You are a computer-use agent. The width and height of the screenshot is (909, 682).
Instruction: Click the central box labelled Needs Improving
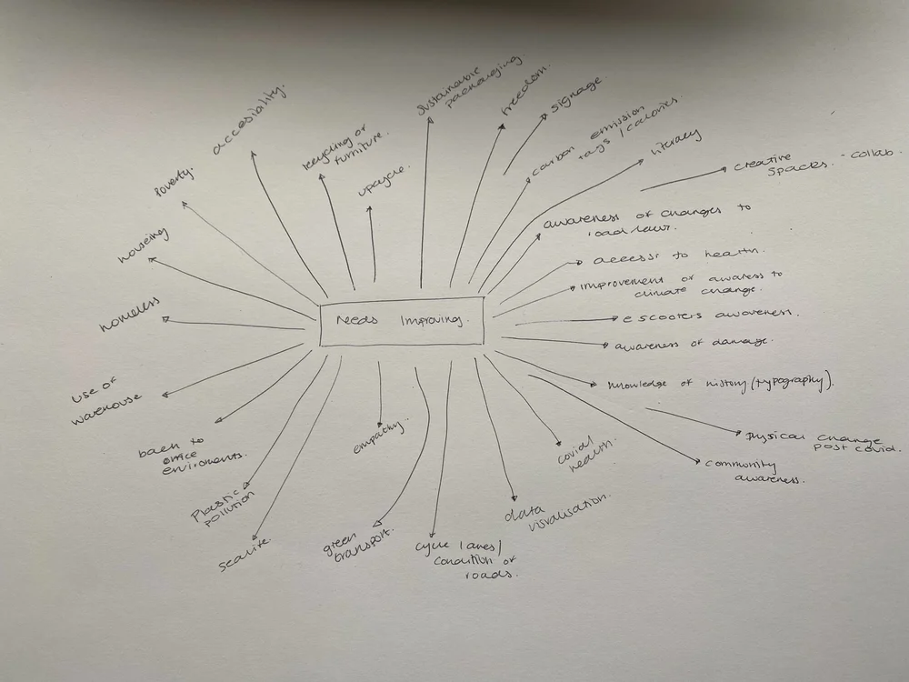(x=402, y=321)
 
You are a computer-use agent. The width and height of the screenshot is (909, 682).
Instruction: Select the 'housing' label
(x=145, y=246)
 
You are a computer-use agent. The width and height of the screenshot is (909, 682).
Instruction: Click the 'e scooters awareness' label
(x=705, y=316)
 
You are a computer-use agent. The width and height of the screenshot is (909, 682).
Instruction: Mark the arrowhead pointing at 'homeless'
(x=165, y=319)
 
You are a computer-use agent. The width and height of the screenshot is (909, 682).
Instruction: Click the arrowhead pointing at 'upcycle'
(x=371, y=209)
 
